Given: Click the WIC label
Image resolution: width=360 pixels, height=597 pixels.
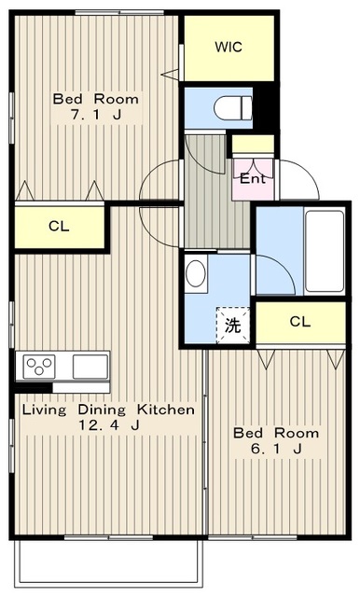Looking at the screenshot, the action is pyautogui.click(x=228, y=47).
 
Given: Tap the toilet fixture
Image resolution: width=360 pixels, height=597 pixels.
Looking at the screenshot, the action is pyautogui.click(x=233, y=108).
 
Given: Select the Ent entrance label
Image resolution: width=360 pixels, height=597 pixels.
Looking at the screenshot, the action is pyautogui.click(x=253, y=178).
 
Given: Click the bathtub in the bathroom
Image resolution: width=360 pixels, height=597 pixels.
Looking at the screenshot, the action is pyautogui.click(x=325, y=251).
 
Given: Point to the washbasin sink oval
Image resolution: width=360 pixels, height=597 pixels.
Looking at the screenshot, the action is pyautogui.click(x=196, y=273).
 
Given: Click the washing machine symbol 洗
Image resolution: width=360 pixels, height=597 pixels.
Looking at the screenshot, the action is pyautogui.click(x=232, y=326).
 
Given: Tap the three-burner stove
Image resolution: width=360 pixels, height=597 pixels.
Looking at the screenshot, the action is pyautogui.click(x=39, y=367).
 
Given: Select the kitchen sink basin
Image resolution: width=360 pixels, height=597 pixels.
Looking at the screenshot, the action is pyautogui.click(x=90, y=367).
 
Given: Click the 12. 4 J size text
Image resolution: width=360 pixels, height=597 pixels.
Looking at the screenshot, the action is pyautogui.click(x=109, y=425).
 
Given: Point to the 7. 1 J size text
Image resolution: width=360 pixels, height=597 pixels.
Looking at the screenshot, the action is pyautogui.click(x=96, y=115).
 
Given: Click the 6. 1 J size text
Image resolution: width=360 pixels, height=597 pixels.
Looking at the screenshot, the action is pyautogui.click(x=276, y=450).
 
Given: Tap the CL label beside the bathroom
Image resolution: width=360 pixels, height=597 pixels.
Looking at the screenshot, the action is pyautogui.click(x=300, y=322).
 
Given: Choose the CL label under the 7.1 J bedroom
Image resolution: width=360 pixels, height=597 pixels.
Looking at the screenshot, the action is pyautogui.click(x=59, y=227).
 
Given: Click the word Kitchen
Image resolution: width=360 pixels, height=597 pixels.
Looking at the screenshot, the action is pyautogui.click(x=166, y=410).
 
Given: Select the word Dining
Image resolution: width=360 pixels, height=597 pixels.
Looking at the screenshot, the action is pyautogui.click(x=102, y=410).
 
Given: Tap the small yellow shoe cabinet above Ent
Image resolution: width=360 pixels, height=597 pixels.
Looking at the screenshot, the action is pyautogui.click(x=253, y=144).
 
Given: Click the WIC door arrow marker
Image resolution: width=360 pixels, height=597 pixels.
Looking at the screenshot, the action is pyautogui.click(x=170, y=75).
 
